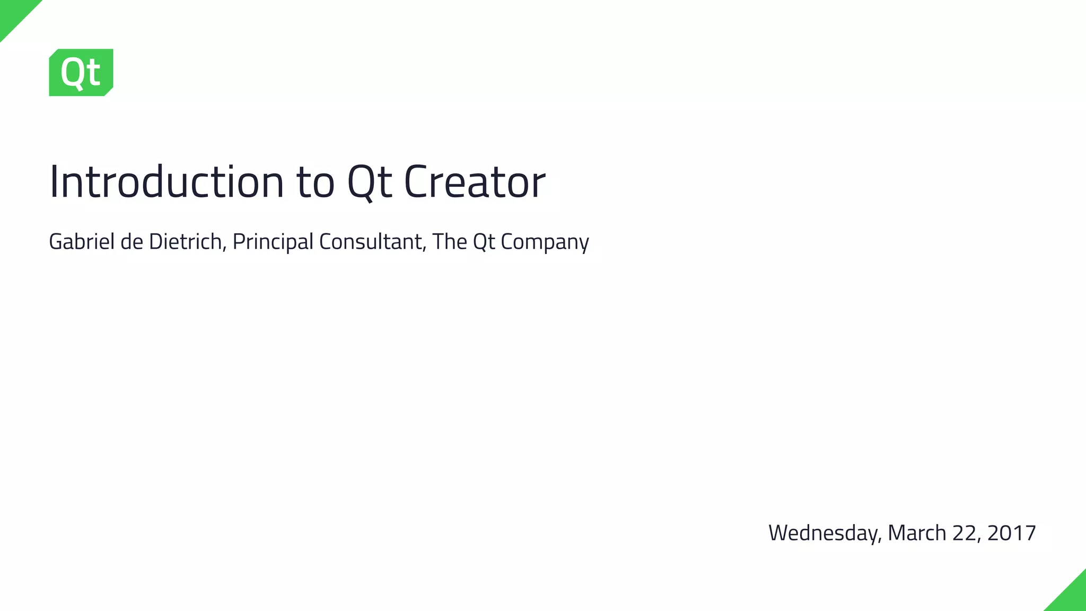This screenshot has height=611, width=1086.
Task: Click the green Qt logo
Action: (x=81, y=73)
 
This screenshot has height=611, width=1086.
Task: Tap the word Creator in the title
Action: (x=475, y=182)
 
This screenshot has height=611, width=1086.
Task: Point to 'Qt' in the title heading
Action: (x=370, y=182)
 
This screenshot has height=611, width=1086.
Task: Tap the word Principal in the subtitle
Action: (x=273, y=242)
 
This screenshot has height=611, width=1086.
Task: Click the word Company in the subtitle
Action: (x=545, y=242)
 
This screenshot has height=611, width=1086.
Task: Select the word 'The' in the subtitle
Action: (x=450, y=242)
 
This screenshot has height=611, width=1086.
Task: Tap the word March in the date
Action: (x=917, y=533)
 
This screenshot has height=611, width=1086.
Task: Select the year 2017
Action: (x=1012, y=533)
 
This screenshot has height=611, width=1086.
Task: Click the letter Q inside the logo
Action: (x=73, y=73)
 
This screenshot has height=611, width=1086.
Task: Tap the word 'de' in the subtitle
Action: (x=132, y=242)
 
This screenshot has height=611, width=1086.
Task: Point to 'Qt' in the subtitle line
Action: (x=484, y=242)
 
